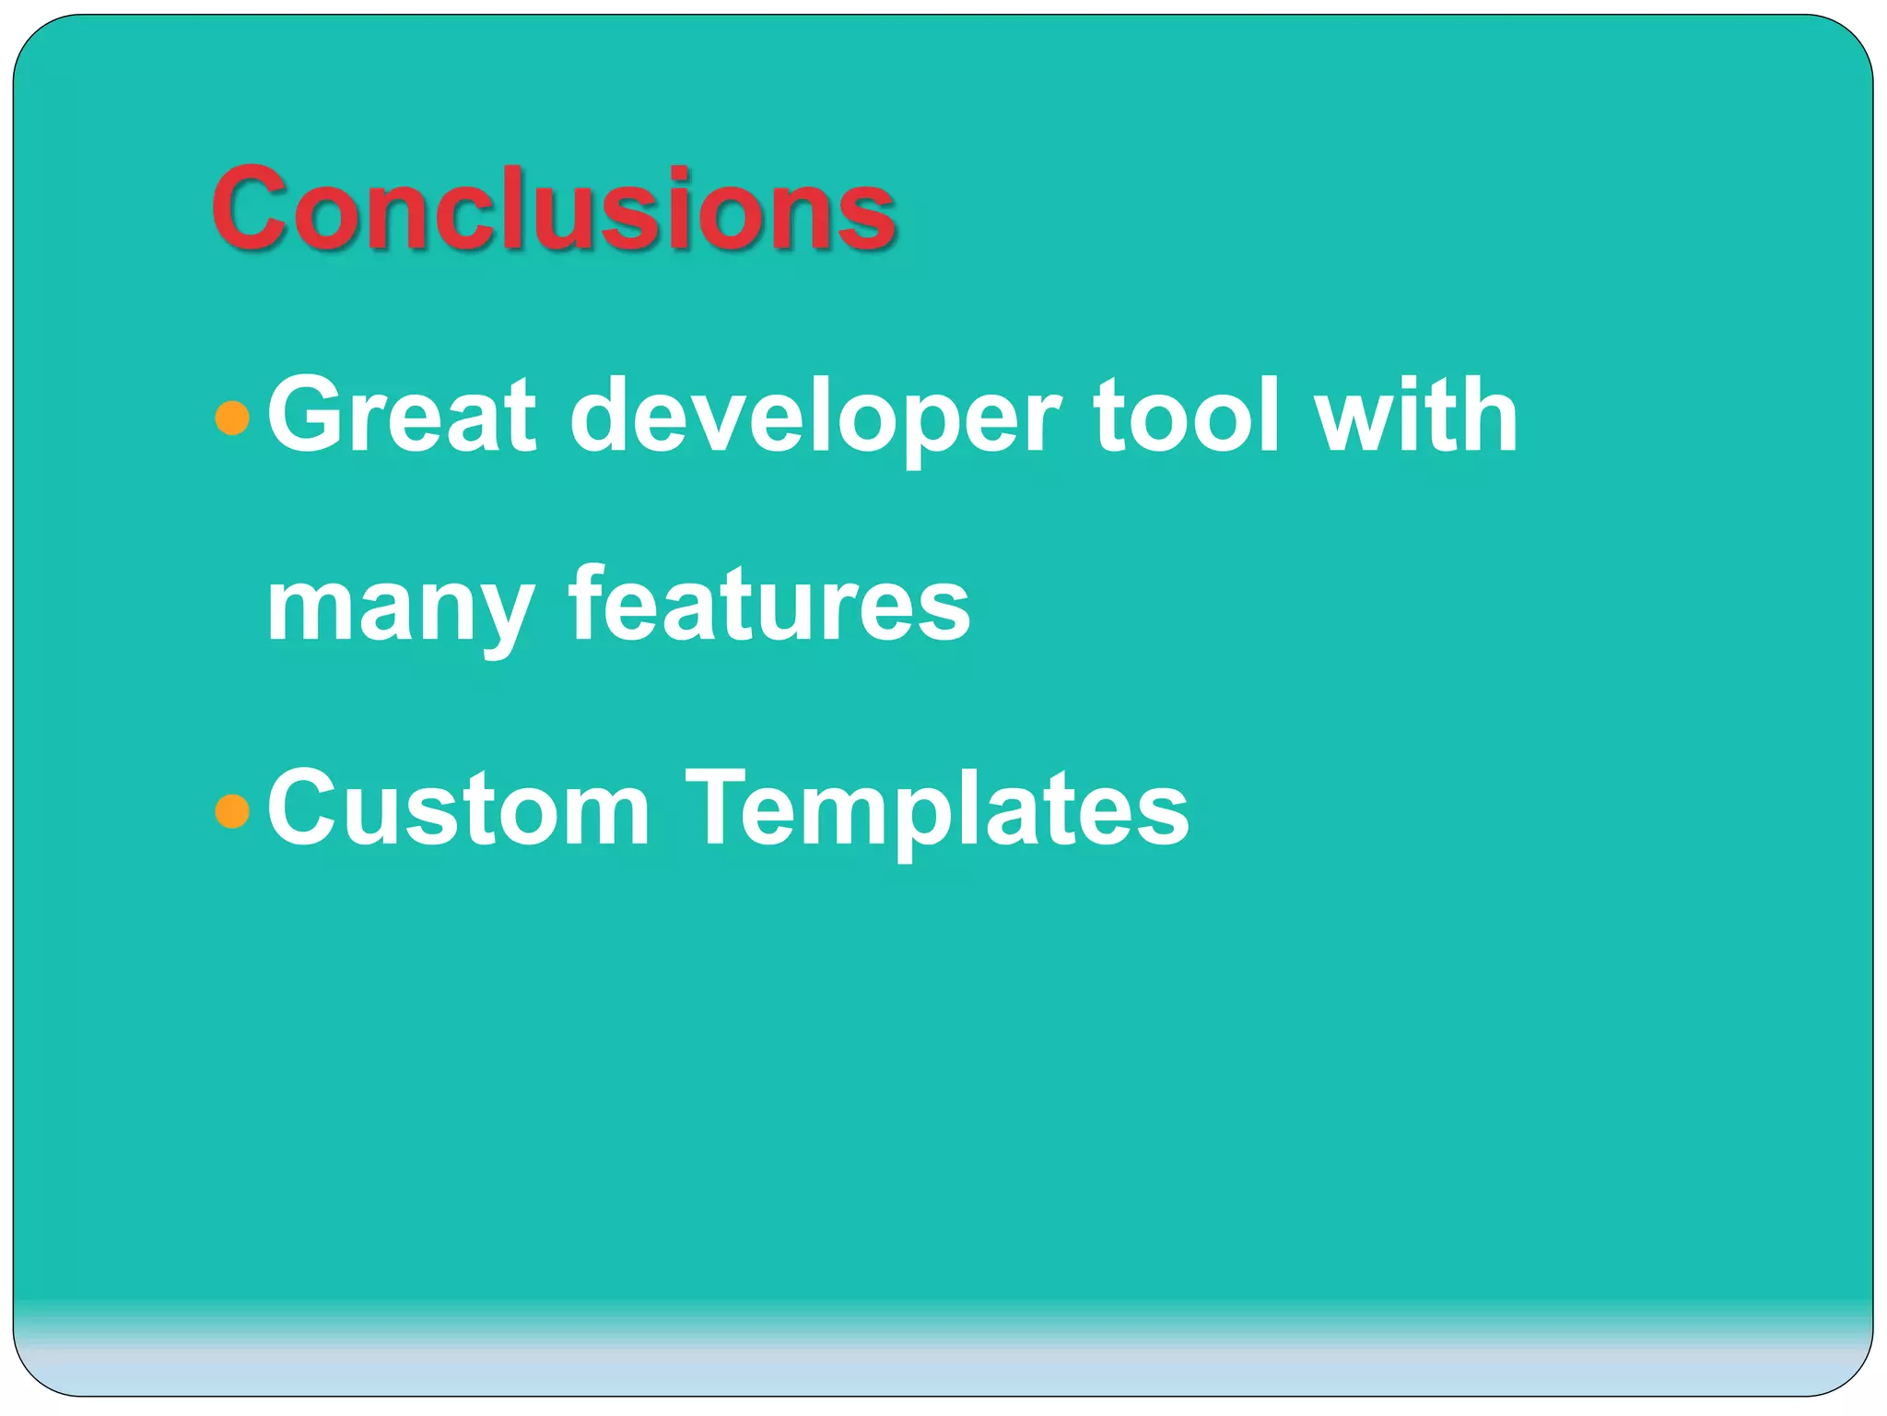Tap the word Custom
click(x=458, y=808)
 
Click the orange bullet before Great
click(x=232, y=418)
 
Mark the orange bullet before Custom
click(x=232, y=811)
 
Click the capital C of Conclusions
click(x=257, y=209)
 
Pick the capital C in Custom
click(x=311, y=808)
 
